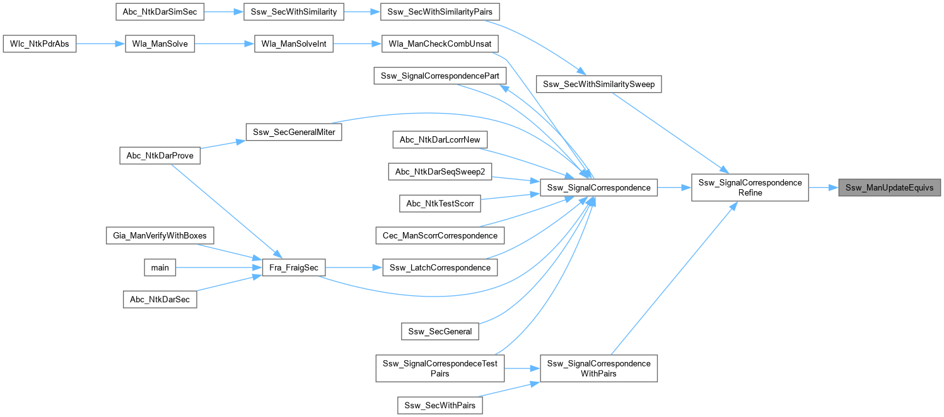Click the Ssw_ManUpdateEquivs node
[x=889, y=187]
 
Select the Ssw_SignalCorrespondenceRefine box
[x=750, y=187]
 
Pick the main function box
[x=160, y=267]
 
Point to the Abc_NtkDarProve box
[x=160, y=156]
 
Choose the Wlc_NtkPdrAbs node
[x=40, y=45]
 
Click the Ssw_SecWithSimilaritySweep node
[x=598, y=84]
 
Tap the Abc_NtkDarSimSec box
[x=160, y=11]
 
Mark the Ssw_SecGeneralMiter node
[x=293, y=132]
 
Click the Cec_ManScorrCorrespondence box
[x=439, y=235]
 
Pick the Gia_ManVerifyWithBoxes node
[x=160, y=235]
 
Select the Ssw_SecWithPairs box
[x=440, y=405]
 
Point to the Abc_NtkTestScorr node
[x=439, y=203]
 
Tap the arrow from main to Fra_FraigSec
[x=214, y=267]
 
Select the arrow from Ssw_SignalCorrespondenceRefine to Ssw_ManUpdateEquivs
[x=823, y=187]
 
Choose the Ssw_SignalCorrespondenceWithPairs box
[x=598, y=368]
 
